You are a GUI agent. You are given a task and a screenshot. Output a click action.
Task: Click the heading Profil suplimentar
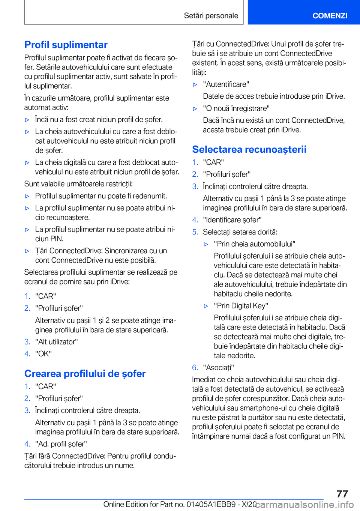pos(66,45)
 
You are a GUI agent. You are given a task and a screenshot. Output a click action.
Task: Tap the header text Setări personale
pos(211,15)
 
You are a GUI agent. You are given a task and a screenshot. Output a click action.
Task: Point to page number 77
pos(342,494)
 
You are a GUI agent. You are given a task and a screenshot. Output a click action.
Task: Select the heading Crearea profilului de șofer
pos(85,374)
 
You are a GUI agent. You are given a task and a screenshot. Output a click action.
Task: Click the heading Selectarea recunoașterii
pos(249,149)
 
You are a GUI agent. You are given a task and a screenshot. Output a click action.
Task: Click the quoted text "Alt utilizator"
pos(57,342)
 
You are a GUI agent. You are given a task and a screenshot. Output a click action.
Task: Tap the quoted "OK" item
pos(43,354)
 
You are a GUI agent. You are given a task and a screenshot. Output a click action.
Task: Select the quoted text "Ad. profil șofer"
pos(61,444)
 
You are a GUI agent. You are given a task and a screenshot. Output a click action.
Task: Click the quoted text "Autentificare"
pos(226,84)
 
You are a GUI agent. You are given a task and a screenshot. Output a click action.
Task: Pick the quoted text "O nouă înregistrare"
pos(236,108)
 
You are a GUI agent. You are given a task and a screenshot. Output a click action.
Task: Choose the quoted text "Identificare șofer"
pos(232,220)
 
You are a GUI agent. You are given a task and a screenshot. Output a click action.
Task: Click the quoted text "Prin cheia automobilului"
pos(255,244)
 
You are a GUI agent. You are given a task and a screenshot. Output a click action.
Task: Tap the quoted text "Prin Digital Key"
pos(241,306)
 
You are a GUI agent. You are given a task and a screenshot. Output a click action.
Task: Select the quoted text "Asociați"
pos(218,368)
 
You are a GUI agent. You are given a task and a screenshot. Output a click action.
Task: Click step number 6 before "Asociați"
pos(195,368)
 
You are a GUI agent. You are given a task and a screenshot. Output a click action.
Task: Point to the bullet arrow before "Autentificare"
pos(195,85)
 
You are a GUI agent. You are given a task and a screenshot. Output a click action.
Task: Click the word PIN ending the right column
pos(338,436)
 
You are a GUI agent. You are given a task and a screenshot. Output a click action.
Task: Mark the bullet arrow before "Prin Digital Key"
pos(206,306)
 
